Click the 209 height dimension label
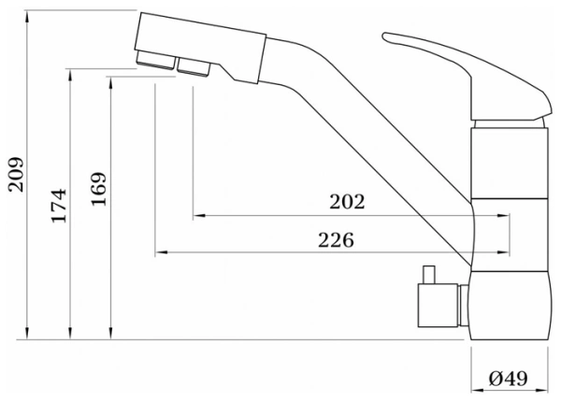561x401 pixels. tap(15, 174)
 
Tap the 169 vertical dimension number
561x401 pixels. tap(98, 190)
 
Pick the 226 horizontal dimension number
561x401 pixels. tap(336, 239)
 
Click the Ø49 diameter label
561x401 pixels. tap(509, 378)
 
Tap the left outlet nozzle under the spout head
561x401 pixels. tap(154, 64)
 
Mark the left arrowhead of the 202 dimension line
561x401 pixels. tap(198, 216)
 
